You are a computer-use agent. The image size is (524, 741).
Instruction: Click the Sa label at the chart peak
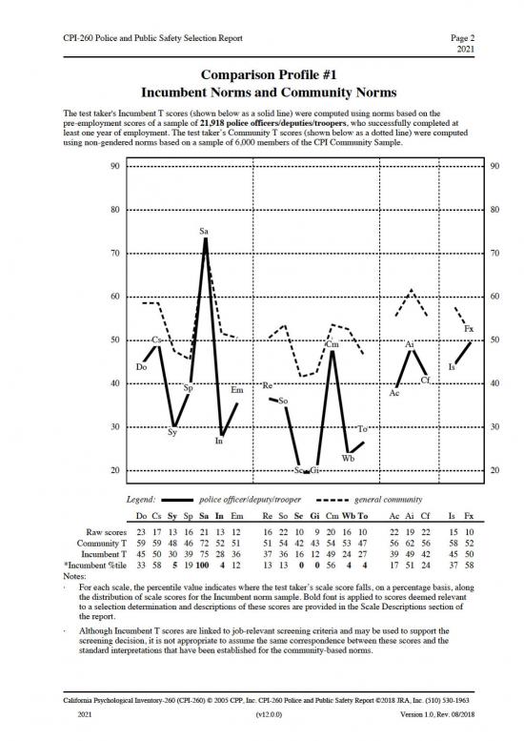tap(205, 231)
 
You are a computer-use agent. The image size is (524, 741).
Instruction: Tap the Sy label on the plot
tap(172, 432)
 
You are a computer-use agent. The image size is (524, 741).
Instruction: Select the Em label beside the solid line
tap(236, 390)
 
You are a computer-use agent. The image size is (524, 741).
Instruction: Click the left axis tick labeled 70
tap(113, 254)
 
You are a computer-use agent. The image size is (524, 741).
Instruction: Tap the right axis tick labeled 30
tap(494, 427)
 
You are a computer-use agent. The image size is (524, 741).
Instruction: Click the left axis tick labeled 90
tap(113, 167)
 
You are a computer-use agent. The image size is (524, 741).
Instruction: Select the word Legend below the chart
tap(142, 499)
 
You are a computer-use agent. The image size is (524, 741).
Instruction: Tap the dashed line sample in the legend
tap(330, 500)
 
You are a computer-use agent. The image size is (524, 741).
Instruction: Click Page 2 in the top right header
tap(463, 34)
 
